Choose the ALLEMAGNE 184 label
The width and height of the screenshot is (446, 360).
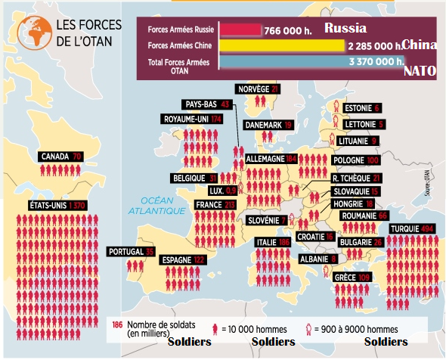271,159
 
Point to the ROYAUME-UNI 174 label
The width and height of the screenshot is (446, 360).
193,119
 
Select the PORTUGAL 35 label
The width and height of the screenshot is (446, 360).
131,252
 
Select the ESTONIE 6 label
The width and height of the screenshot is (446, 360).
361,107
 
